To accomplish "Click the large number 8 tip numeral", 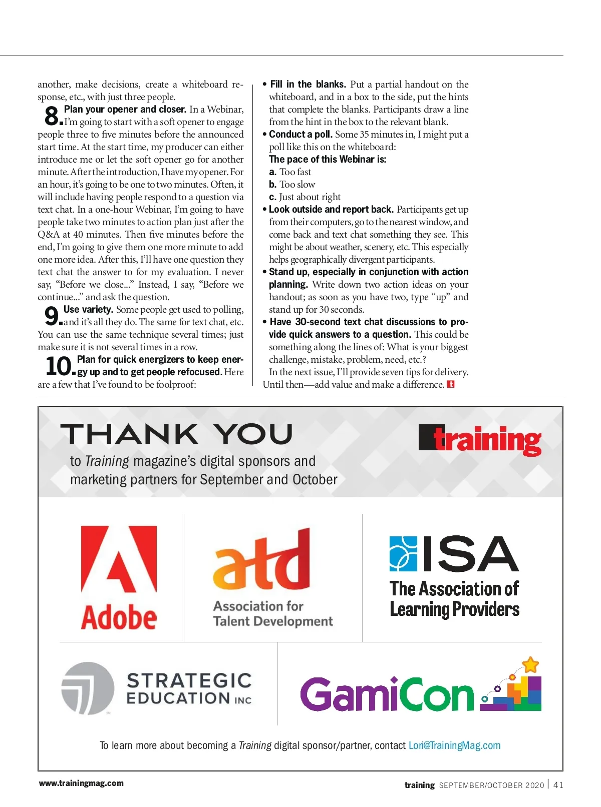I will [x=52, y=116].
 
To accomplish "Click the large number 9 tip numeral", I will [x=52, y=316].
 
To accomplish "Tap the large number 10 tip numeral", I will [x=59, y=366].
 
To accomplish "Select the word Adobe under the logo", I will [x=119, y=617].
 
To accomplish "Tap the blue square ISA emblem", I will [x=403, y=553].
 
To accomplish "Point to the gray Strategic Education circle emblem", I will [x=87, y=688].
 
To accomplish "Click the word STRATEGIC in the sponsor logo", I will [x=189, y=680].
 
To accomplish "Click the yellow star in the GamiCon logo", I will [x=530, y=665].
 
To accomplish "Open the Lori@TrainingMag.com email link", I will [x=454, y=745].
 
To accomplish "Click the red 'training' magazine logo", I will [x=480, y=440].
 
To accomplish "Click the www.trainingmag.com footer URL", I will [x=81, y=783].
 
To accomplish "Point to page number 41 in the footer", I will [x=558, y=785].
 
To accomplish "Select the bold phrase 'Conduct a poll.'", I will [x=300, y=134].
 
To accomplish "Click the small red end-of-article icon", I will [x=451, y=384].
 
